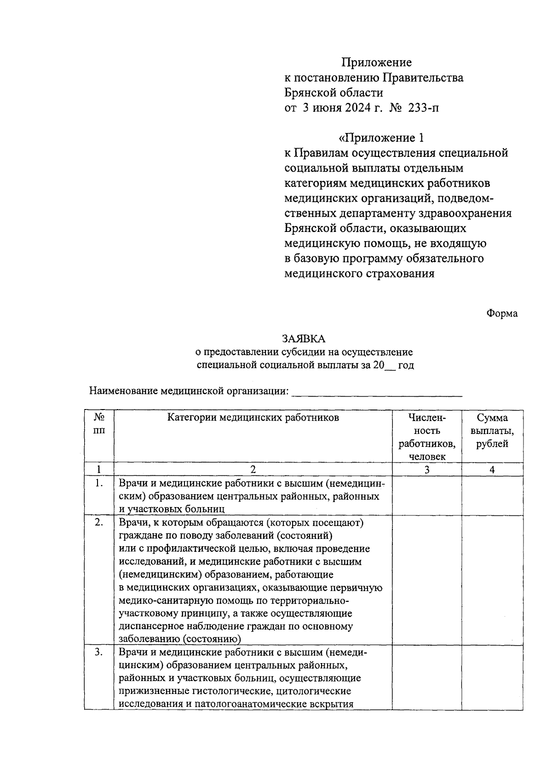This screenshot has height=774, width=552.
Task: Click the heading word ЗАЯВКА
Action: [303, 339]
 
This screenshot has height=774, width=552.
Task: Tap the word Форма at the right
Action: [502, 313]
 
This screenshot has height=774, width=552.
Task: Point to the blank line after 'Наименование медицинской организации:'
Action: [377, 392]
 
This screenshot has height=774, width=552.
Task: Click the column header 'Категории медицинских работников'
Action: [253, 418]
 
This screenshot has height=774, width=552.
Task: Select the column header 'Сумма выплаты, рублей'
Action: [492, 431]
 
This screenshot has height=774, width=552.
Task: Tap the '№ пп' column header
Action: [99, 424]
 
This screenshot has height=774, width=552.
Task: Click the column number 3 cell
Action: [427, 469]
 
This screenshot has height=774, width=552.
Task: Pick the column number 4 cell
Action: [492, 469]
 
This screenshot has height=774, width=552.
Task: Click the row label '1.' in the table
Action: [99, 483]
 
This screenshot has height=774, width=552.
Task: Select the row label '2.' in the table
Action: [99, 523]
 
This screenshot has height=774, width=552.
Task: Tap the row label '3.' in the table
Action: [99, 653]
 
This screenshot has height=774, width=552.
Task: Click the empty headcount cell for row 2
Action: [427, 580]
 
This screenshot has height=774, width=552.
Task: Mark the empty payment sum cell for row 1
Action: [492, 496]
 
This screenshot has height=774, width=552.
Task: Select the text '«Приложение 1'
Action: [380, 138]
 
